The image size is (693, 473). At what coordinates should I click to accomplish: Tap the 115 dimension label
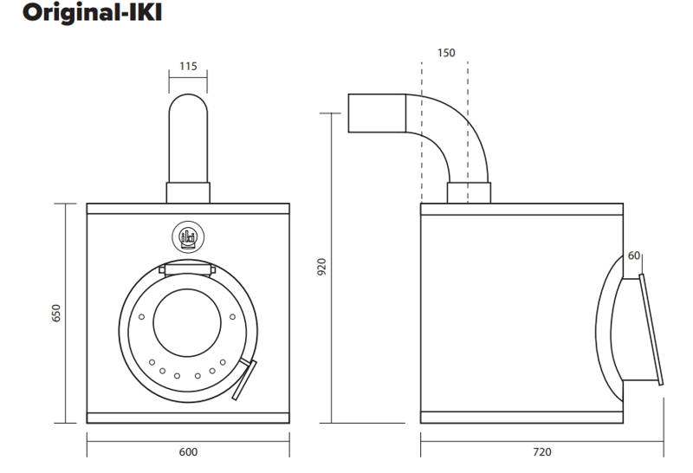tap(188, 66)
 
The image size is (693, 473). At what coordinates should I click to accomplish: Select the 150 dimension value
tap(445, 54)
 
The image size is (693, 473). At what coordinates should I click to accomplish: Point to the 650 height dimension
tap(57, 314)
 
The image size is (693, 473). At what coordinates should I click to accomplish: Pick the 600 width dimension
tap(188, 452)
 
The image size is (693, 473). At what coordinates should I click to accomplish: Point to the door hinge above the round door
tap(188, 267)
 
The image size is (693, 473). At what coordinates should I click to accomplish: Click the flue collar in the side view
tap(469, 193)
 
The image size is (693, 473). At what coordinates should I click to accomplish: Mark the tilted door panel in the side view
tap(651, 329)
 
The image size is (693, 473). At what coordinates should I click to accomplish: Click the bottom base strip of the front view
tap(188, 418)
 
